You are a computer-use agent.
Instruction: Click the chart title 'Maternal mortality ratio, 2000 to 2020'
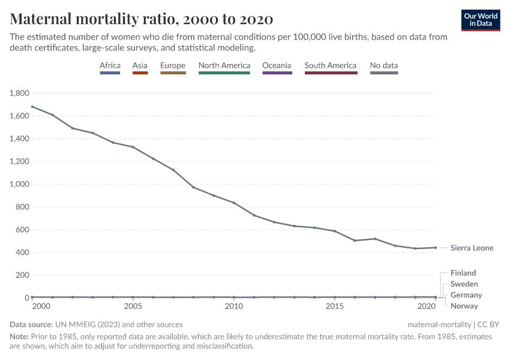tap(142, 19)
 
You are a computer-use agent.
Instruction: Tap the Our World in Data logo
tap(481, 20)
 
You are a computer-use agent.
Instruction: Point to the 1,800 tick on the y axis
tap(19, 94)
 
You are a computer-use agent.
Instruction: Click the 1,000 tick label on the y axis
tap(19, 184)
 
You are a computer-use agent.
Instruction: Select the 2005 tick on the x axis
tap(133, 307)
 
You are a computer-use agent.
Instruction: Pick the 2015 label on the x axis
tap(334, 307)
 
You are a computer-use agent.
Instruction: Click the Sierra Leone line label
tap(472, 248)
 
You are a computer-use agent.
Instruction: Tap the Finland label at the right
tap(463, 273)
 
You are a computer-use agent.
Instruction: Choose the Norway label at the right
tap(464, 306)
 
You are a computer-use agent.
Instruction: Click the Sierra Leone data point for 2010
tap(233, 203)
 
